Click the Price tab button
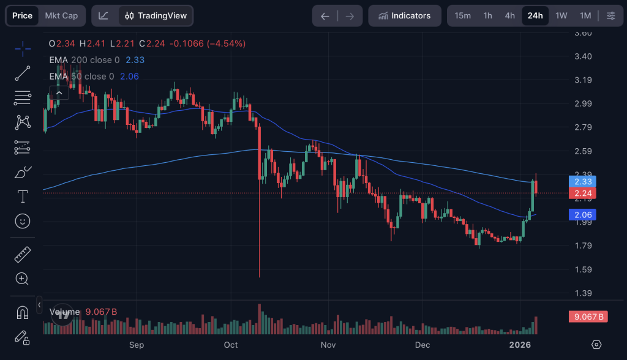pos(23,16)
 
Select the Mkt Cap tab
pos(61,16)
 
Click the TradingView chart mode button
pos(156,16)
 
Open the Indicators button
pos(404,16)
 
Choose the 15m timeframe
pos(463,16)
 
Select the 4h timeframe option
pos(509,16)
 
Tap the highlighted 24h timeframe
pos(535,16)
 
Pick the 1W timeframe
pos(561,16)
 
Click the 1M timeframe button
pos(585,16)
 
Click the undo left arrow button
pos(325,16)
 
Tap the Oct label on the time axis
pos(231,345)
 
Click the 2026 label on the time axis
pos(520,345)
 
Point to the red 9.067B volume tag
pos(587,317)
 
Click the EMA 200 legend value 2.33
pos(135,60)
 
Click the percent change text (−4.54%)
pos(226,43)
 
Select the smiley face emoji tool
pos(23,221)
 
